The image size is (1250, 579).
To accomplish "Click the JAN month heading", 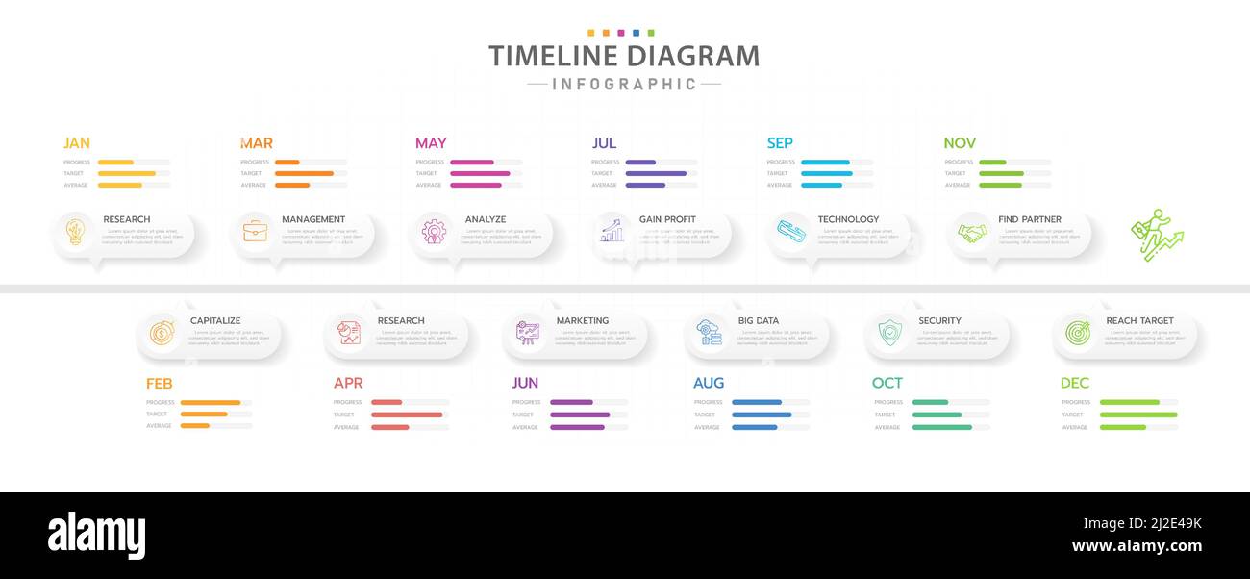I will (76, 143).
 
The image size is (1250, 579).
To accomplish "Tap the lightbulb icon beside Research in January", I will (75, 231).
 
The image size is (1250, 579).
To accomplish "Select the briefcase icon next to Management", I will (255, 231).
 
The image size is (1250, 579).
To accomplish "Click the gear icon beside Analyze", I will (434, 231).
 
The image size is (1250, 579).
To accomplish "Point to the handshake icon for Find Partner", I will (972, 233).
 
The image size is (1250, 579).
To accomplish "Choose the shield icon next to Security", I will (889, 333).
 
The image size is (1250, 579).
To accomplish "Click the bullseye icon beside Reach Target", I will (1077, 333).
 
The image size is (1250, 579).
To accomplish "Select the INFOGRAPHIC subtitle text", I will (624, 85).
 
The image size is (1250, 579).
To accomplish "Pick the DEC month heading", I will (1074, 383).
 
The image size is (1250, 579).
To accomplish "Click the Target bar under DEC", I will (1137, 415).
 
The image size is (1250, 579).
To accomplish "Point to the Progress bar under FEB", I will (211, 403).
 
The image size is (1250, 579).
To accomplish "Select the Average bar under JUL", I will (645, 185).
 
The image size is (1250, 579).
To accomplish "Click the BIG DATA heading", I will (758, 320).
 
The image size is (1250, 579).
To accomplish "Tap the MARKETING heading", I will (582, 320).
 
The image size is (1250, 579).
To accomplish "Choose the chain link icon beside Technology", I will (791, 231).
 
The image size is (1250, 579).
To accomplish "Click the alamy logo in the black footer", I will (96, 536).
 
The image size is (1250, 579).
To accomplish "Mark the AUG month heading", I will (708, 383).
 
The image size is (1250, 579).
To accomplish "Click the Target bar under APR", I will (407, 415).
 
